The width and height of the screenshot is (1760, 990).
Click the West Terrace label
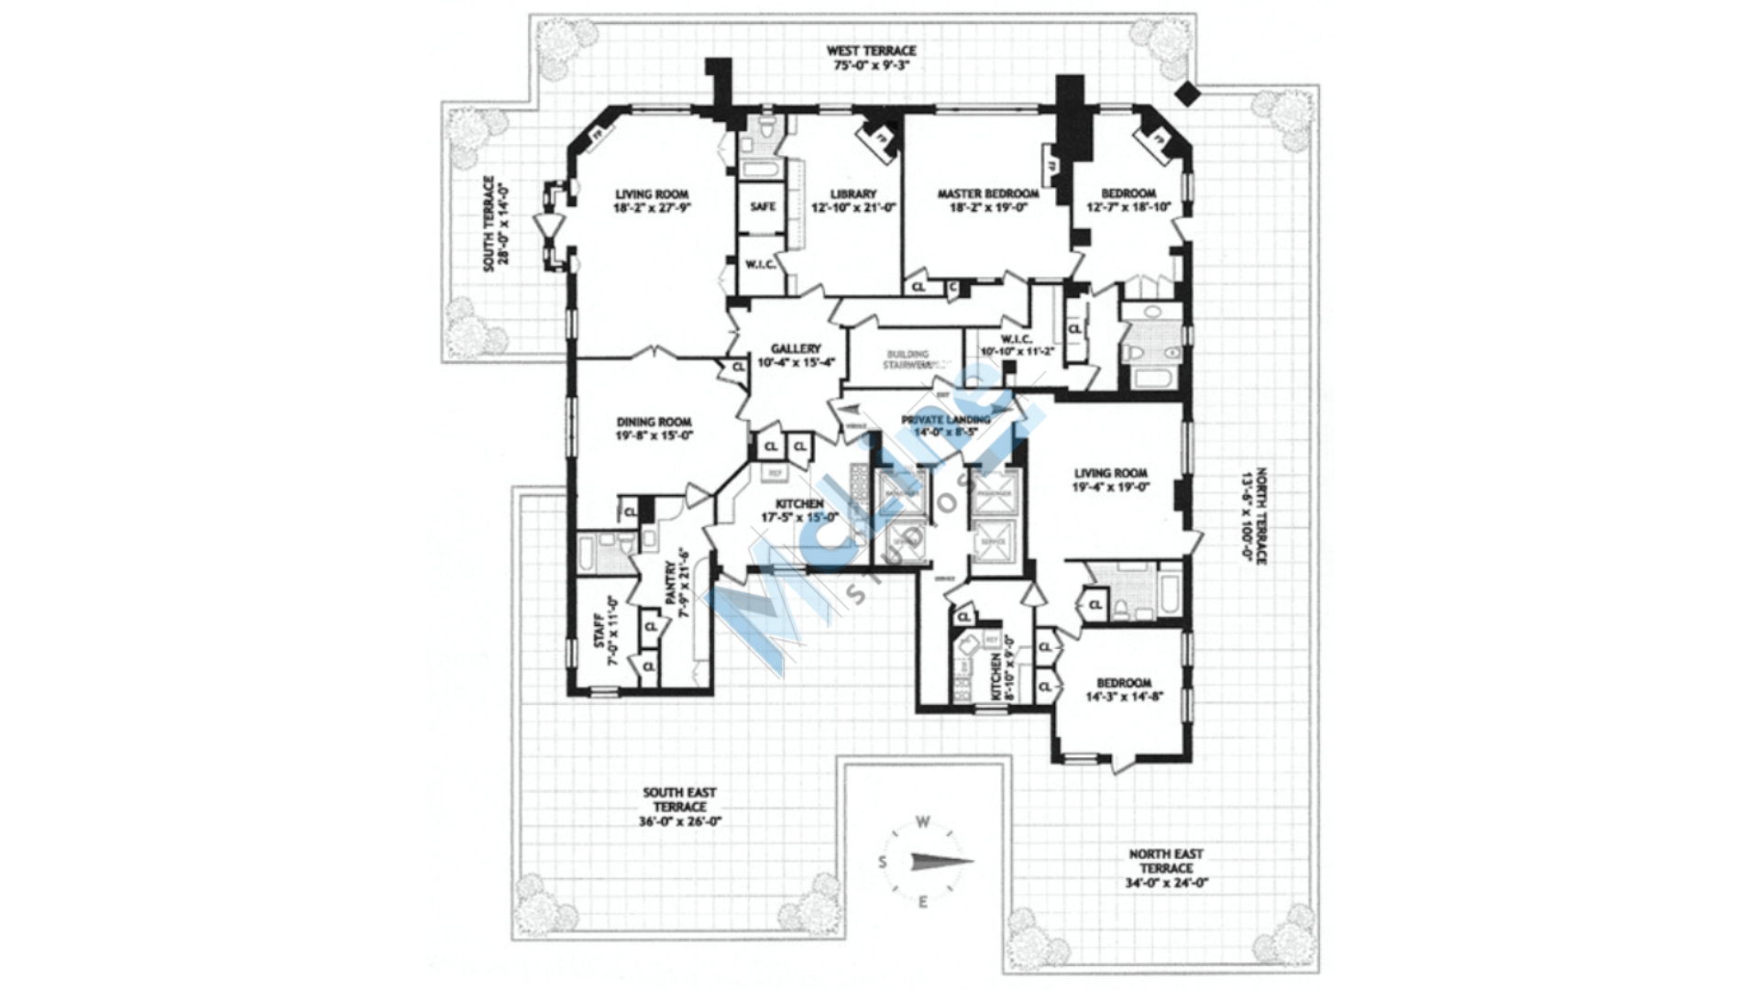point(871,51)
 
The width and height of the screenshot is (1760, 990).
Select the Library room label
point(852,194)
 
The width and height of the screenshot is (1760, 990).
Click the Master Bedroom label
point(987,194)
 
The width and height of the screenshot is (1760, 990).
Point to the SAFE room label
point(763,207)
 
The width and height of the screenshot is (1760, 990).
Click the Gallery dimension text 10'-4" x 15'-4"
point(795,362)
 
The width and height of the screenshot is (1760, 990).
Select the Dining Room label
point(654,423)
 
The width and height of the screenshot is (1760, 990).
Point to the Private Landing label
point(945,420)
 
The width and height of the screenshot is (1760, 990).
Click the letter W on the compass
point(924,821)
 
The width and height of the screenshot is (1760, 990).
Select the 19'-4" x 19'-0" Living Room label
point(1111,474)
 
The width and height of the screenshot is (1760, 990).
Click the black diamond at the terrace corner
point(1188,92)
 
